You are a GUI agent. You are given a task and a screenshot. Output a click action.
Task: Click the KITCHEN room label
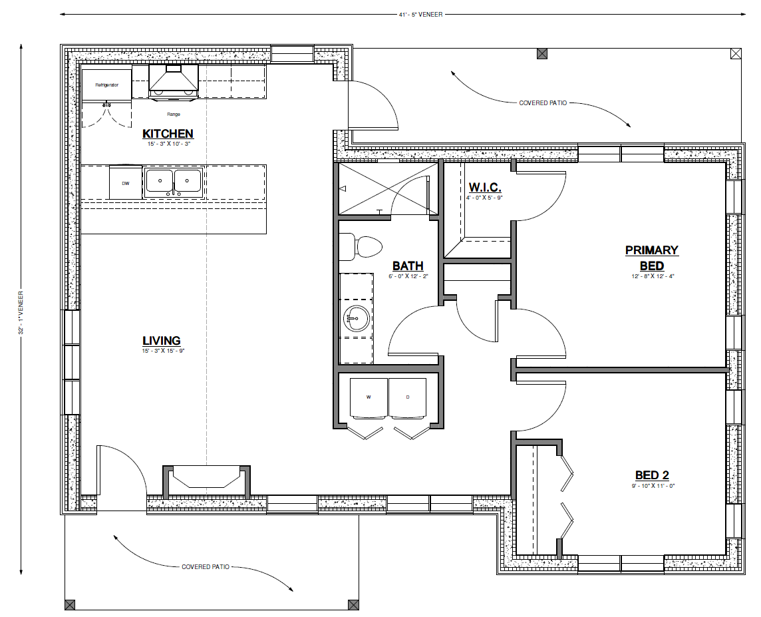click(168, 134)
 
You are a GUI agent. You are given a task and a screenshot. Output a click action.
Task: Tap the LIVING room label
click(162, 341)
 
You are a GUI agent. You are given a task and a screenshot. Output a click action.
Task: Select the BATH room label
click(408, 266)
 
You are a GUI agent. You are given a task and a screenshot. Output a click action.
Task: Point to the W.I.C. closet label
click(485, 188)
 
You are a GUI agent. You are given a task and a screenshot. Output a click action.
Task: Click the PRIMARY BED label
click(652, 258)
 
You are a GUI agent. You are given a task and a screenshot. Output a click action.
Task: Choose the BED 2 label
click(652, 475)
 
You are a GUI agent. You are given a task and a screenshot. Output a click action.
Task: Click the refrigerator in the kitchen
click(107, 85)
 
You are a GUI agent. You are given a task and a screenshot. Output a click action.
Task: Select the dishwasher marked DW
click(126, 182)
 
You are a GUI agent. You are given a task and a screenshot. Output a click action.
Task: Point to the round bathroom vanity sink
click(357, 319)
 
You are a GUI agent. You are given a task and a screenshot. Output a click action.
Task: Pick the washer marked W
click(369, 397)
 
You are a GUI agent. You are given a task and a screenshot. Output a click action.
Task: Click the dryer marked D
click(408, 397)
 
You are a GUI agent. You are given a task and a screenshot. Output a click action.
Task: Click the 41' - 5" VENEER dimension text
click(420, 15)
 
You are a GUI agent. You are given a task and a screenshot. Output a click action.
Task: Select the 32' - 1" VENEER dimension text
click(21, 313)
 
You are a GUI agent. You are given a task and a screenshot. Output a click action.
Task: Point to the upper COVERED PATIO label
click(543, 103)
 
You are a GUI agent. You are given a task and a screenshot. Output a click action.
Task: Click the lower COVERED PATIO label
click(206, 566)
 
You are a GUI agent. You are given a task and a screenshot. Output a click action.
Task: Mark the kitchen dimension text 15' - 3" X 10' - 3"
click(168, 144)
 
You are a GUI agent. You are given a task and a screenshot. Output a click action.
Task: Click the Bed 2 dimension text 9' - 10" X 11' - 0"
click(652, 485)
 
